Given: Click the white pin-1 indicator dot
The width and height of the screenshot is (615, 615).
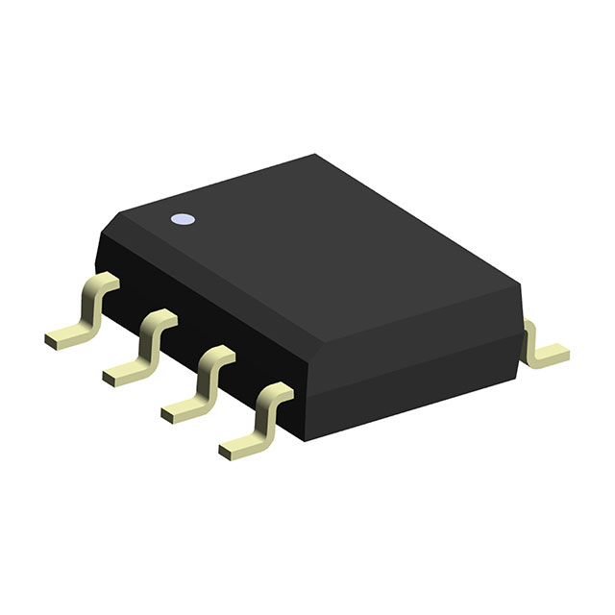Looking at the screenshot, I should coord(181,220).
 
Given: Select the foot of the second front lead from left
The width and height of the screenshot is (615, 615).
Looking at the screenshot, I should coord(121,373).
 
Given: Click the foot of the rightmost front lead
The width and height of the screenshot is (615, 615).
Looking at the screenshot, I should coord(238,446).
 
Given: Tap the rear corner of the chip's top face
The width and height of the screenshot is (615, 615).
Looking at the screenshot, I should coord(316,155).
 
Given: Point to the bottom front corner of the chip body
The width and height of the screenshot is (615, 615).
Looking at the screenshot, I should coord(306,438).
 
